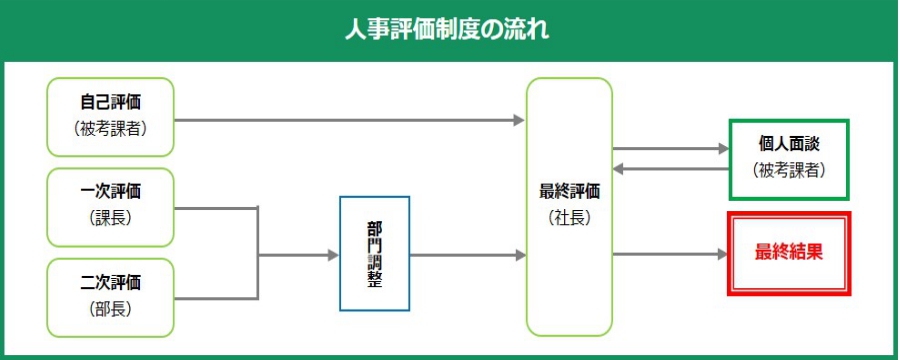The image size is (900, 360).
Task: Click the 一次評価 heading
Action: pyautogui.click(x=110, y=192)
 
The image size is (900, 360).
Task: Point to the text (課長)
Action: pyautogui.click(x=110, y=218)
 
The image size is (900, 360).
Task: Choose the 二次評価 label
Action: pyautogui.click(x=110, y=281)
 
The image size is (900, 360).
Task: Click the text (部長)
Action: pyautogui.click(x=110, y=308)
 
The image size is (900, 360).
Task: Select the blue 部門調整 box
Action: pyautogui.click(x=374, y=254)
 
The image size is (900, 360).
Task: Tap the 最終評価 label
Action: pyautogui.click(x=569, y=191)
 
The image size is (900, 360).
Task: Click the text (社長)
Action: pyautogui.click(x=569, y=217)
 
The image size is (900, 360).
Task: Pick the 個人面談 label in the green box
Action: pyautogui.click(x=789, y=145)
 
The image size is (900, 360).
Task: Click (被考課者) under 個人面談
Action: pyautogui.click(x=789, y=170)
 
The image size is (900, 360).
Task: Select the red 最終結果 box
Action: pyautogui.click(x=789, y=253)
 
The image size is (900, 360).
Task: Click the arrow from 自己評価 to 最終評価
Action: pyautogui.click(x=350, y=120)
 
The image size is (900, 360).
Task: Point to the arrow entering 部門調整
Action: pyautogui.click(x=300, y=255)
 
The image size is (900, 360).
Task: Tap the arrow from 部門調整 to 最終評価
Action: pyautogui.click(x=468, y=255)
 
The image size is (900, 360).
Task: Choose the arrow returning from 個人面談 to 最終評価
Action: pyautogui.click(x=670, y=168)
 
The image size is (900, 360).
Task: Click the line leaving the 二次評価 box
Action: pyautogui.click(x=215, y=298)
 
